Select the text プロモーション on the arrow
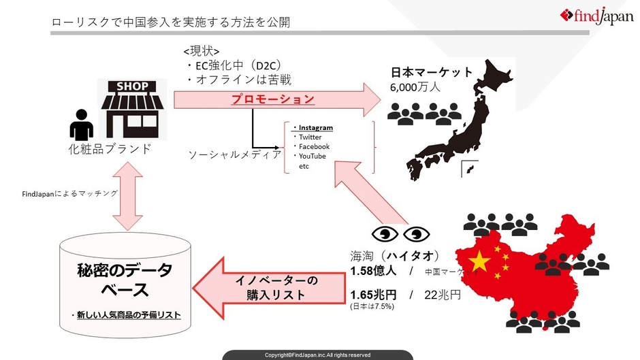point(272,99)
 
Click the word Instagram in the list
point(315,128)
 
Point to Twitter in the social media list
point(310,137)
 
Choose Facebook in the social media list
point(314,147)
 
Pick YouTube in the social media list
point(313,157)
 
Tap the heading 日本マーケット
point(432,73)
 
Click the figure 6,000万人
point(415,88)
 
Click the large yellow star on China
point(481,259)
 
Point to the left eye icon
point(385,235)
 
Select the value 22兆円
point(442,295)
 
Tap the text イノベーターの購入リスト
point(276,287)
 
